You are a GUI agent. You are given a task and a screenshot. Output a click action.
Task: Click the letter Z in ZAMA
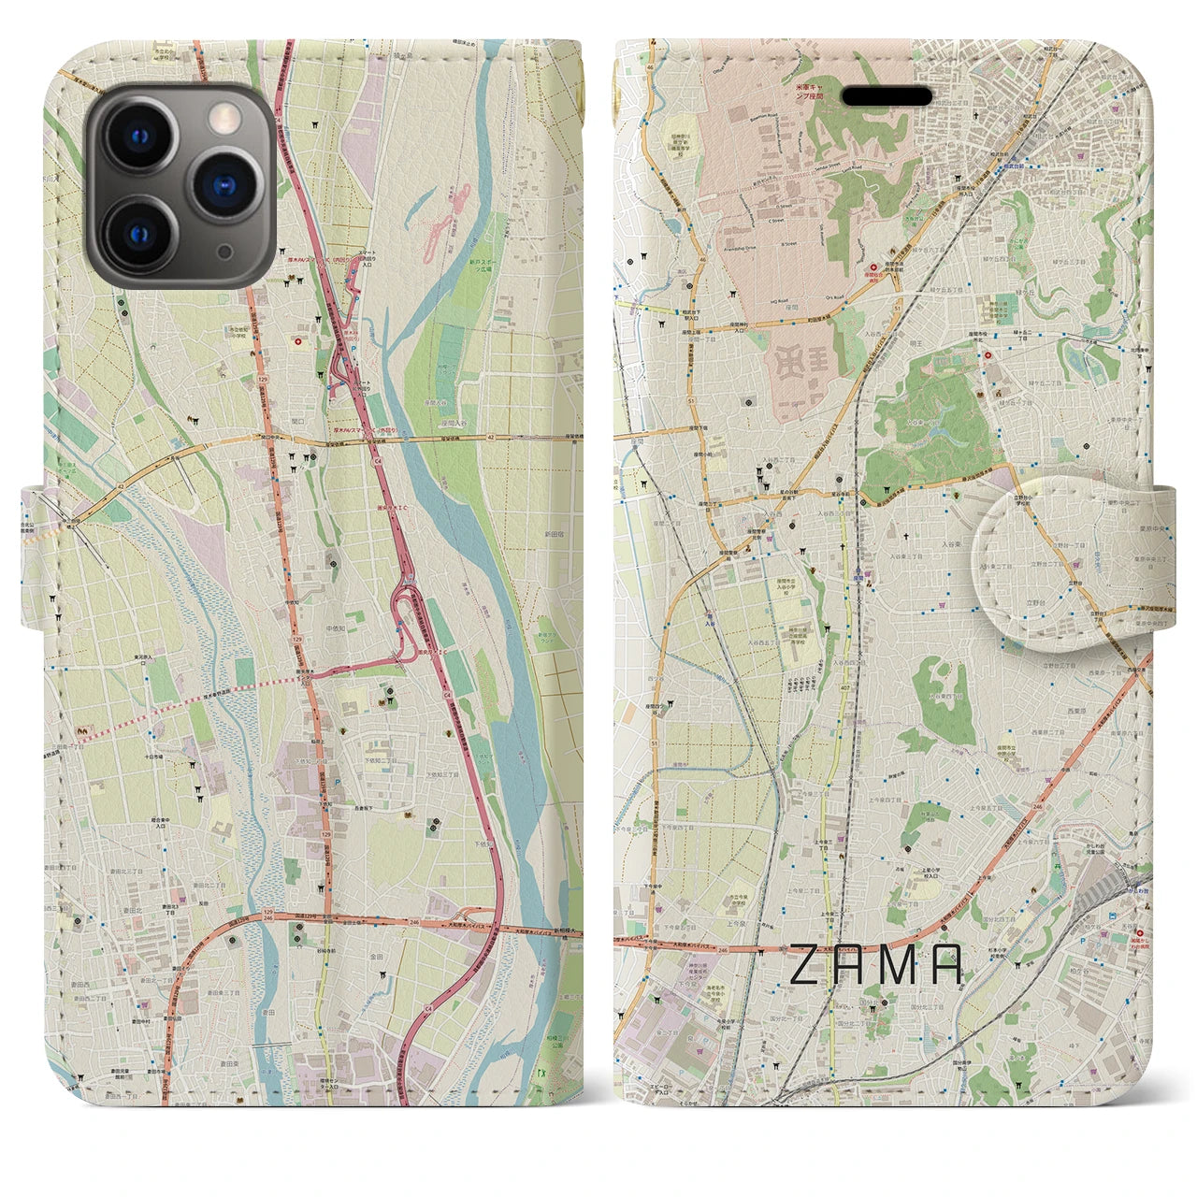point(807,965)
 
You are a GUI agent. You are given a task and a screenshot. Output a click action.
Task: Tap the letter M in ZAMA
point(896,965)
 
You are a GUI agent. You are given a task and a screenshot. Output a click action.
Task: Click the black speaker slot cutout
point(887,96)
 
